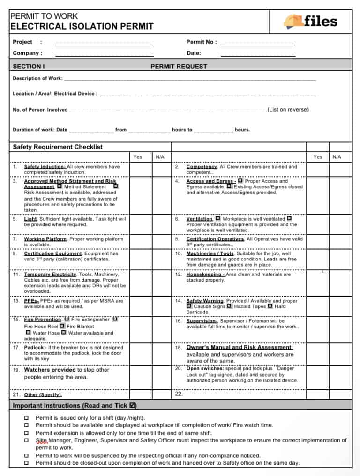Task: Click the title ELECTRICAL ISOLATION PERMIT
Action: point(82,26)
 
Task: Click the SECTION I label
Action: point(29,67)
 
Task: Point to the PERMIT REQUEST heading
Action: point(179,67)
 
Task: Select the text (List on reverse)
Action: point(288,110)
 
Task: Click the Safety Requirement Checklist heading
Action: point(58,147)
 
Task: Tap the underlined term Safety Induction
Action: point(45,167)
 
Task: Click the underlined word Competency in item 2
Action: point(202,167)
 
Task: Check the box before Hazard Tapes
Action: point(229,306)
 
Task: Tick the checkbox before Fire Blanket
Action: point(62,326)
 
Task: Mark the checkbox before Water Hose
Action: point(29,333)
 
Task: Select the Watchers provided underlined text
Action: point(50,370)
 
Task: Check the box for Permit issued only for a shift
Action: point(26,418)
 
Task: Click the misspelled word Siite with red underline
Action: point(42,440)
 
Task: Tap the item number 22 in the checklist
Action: point(178,394)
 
